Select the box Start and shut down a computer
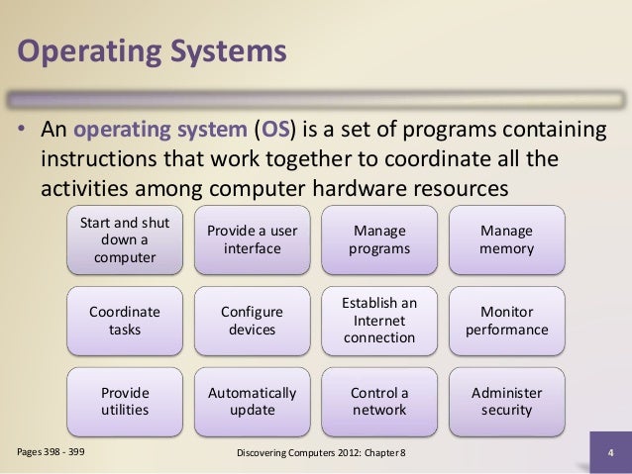[125, 239]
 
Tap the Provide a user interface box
[252, 239]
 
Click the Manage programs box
[379, 239]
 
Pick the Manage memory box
[506, 239]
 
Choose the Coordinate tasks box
[125, 321]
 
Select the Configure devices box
[252, 321]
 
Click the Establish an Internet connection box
[379, 321]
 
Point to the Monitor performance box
[506, 321]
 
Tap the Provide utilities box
[125, 401]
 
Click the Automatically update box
[252, 401]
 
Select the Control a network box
[379, 401]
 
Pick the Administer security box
[506, 401]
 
